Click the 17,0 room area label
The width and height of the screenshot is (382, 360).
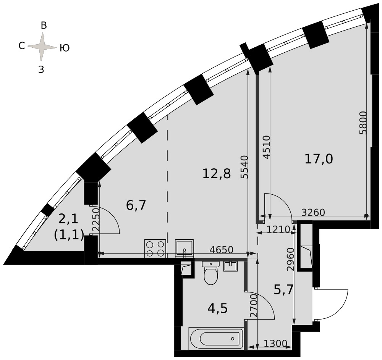pyautogui.click(x=319, y=160)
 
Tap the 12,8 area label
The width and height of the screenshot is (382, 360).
pyautogui.click(x=216, y=174)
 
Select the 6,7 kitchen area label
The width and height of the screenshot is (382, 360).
pyautogui.click(x=136, y=205)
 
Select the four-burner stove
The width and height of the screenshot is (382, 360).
pyautogui.click(x=155, y=248)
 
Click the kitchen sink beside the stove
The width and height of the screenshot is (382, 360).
pyautogui.click(x=185, y=248)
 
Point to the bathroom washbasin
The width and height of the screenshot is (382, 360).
pyautogui.click(x=230, y=266)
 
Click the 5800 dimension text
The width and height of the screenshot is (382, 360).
pyautogui.click(x=363, y=123)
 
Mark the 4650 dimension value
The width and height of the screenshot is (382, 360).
pyautogui.click(x=222, y=250)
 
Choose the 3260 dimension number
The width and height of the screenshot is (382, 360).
pyautogui.click(x=313, y=213)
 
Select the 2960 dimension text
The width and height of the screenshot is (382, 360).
pyautogui.click(x=290, y=260)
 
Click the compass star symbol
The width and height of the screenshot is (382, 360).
pyautogui.click(x=42, y=47)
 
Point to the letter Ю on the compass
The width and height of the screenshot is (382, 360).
pyautogui.click(x=65, y=48)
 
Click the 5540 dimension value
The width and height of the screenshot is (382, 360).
pyautogui.click(x=244, y=167)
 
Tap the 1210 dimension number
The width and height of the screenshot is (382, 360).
pyautogui.click(x=278, y=229)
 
